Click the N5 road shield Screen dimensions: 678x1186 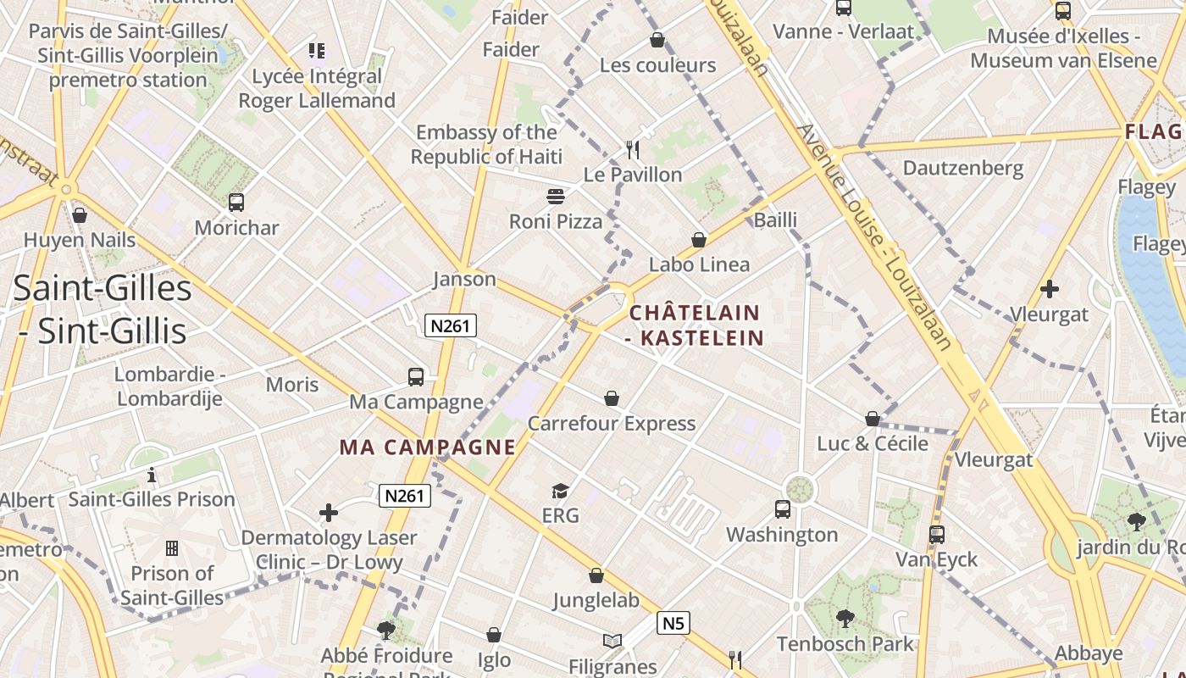point(673,624)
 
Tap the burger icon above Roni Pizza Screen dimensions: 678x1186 point(556,197)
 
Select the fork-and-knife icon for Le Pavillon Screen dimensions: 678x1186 point(632,150)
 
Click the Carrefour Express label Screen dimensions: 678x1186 point(612,423)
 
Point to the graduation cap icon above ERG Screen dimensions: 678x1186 point(560,491)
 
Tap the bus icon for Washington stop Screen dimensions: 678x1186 point(783,509)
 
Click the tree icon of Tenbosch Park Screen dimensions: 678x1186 point(845,619)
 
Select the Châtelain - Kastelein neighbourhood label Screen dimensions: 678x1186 point(696,325)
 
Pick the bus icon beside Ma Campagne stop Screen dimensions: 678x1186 point(415,377)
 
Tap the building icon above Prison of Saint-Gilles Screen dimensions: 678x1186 point(171,548)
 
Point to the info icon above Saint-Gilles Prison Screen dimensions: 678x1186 point(152,475)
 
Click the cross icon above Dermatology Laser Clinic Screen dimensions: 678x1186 point(329,513)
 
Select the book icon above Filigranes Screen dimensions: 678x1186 point(612,642)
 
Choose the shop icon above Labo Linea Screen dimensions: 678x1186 point(699,240)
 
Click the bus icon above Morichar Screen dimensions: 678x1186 point(236,203)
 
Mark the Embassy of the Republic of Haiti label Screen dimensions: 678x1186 point(486,144)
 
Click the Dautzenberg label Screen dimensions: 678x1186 point(962,168)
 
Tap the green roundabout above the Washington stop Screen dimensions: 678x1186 point(799,488)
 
